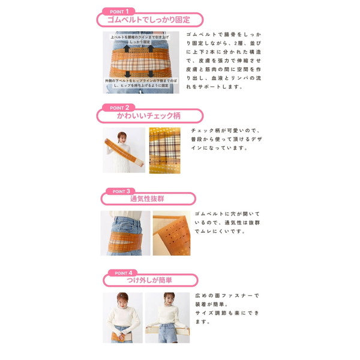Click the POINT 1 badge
[x=118, y=11]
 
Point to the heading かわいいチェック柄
[x=149, y=116]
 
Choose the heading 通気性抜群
[x=149, y=199]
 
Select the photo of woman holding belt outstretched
[x=124, y=150]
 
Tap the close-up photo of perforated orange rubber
[x=171, y=233]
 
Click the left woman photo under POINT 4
[x=122, y=317]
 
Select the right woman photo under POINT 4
[x=167, y=317]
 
